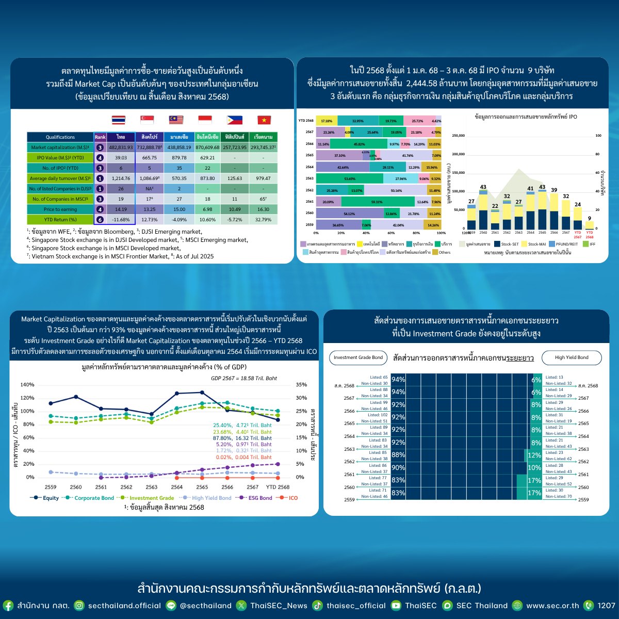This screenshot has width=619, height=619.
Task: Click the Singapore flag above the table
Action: click(x=147, y=120)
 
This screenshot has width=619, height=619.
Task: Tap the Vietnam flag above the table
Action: click(x=264, y=120)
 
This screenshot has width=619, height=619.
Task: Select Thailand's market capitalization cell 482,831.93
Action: click(x=121, y=148)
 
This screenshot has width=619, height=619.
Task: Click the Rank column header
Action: click(x=100, y=137)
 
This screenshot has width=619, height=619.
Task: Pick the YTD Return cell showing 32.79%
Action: click(x=263, y=220)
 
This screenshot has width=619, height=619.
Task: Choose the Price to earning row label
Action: click(x=60, y=209)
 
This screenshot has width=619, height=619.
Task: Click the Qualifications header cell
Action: click(x=60, y=137)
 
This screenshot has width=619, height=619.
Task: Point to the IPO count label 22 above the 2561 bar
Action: click(x=495, y=206)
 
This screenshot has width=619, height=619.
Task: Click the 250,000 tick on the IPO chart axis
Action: click(x=458, y=136)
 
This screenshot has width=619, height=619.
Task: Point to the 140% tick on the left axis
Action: click(x=27, y=385)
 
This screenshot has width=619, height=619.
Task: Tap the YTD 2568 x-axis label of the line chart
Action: click(x=278, y=487)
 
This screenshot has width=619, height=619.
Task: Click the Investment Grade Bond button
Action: click(x=358, y=357)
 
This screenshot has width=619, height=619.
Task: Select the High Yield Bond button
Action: click(x=572, y=357)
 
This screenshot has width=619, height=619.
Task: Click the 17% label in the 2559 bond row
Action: click(x=536, y=493)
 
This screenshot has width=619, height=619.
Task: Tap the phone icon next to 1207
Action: click(x=588, y=606)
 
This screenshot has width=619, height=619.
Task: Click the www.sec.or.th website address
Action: click(x=552, y=606)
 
